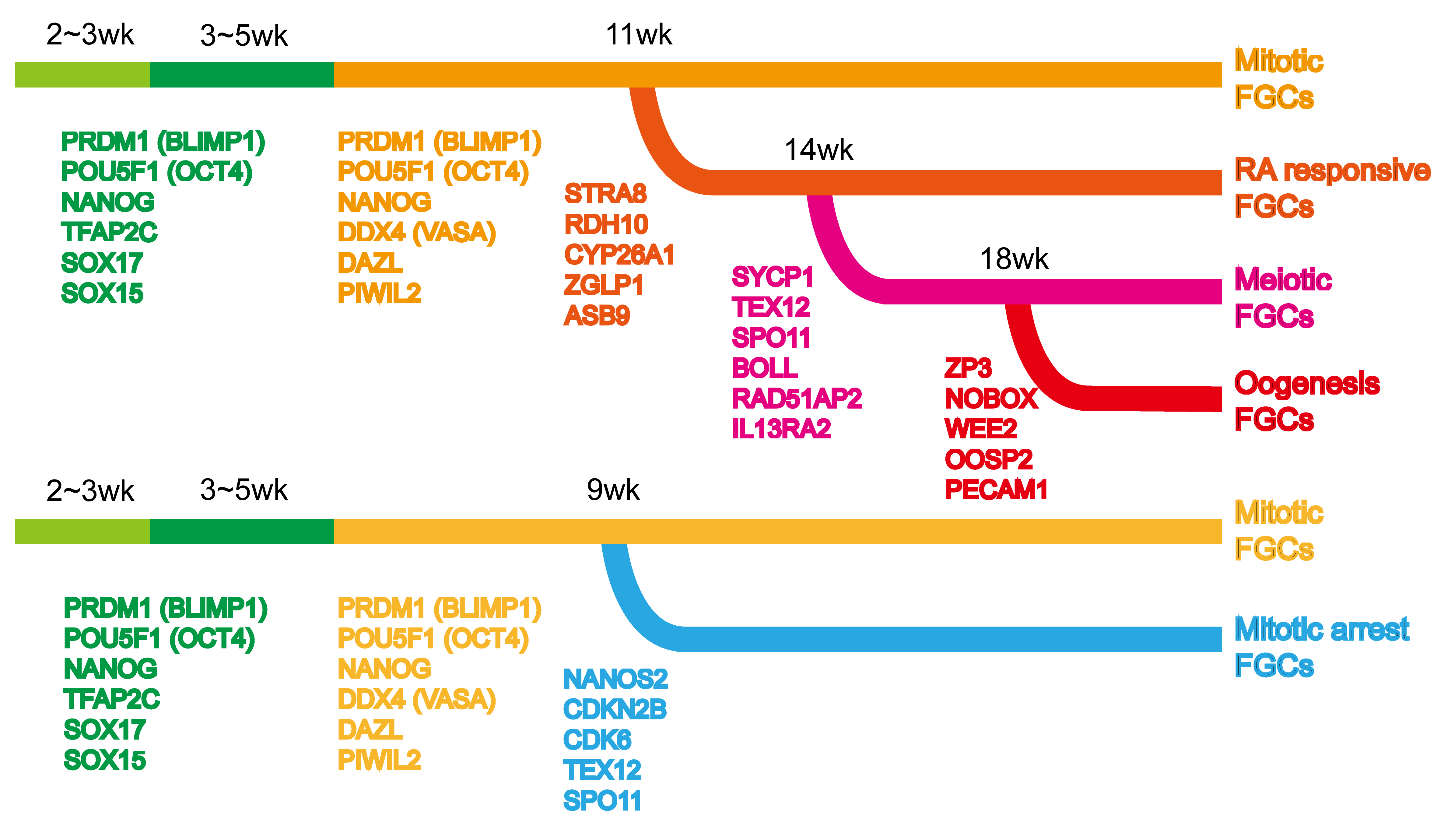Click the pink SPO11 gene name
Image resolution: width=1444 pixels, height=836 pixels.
(x=771, y=338)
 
